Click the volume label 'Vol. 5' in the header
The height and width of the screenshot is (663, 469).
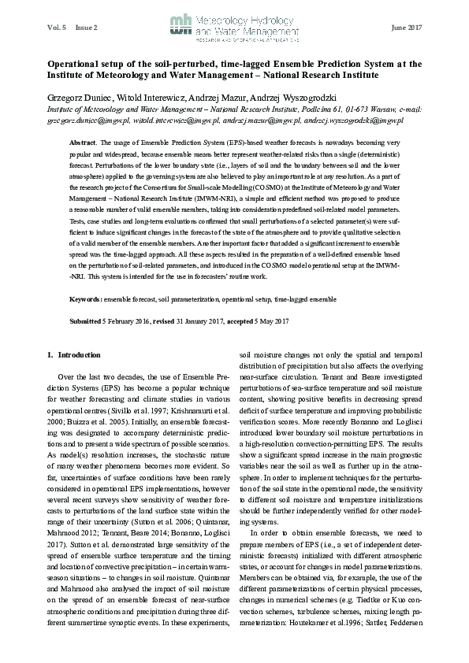pos(58,28)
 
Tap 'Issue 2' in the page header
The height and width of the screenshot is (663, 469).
pos(87,28)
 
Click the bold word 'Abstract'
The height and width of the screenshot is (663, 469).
pos(84,141)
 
